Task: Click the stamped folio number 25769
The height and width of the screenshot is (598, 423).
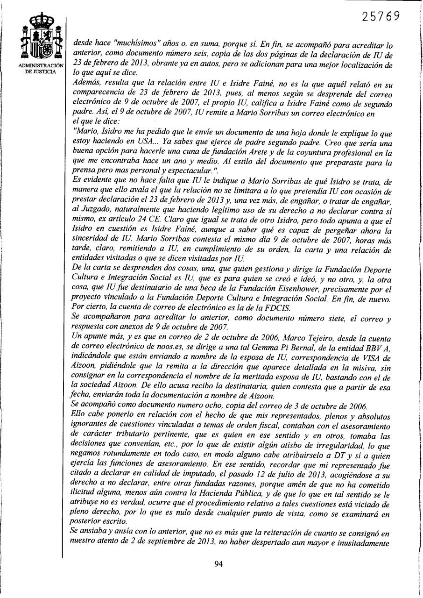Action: [x=381, y=16]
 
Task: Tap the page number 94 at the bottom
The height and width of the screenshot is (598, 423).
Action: [x=218, y=563]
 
